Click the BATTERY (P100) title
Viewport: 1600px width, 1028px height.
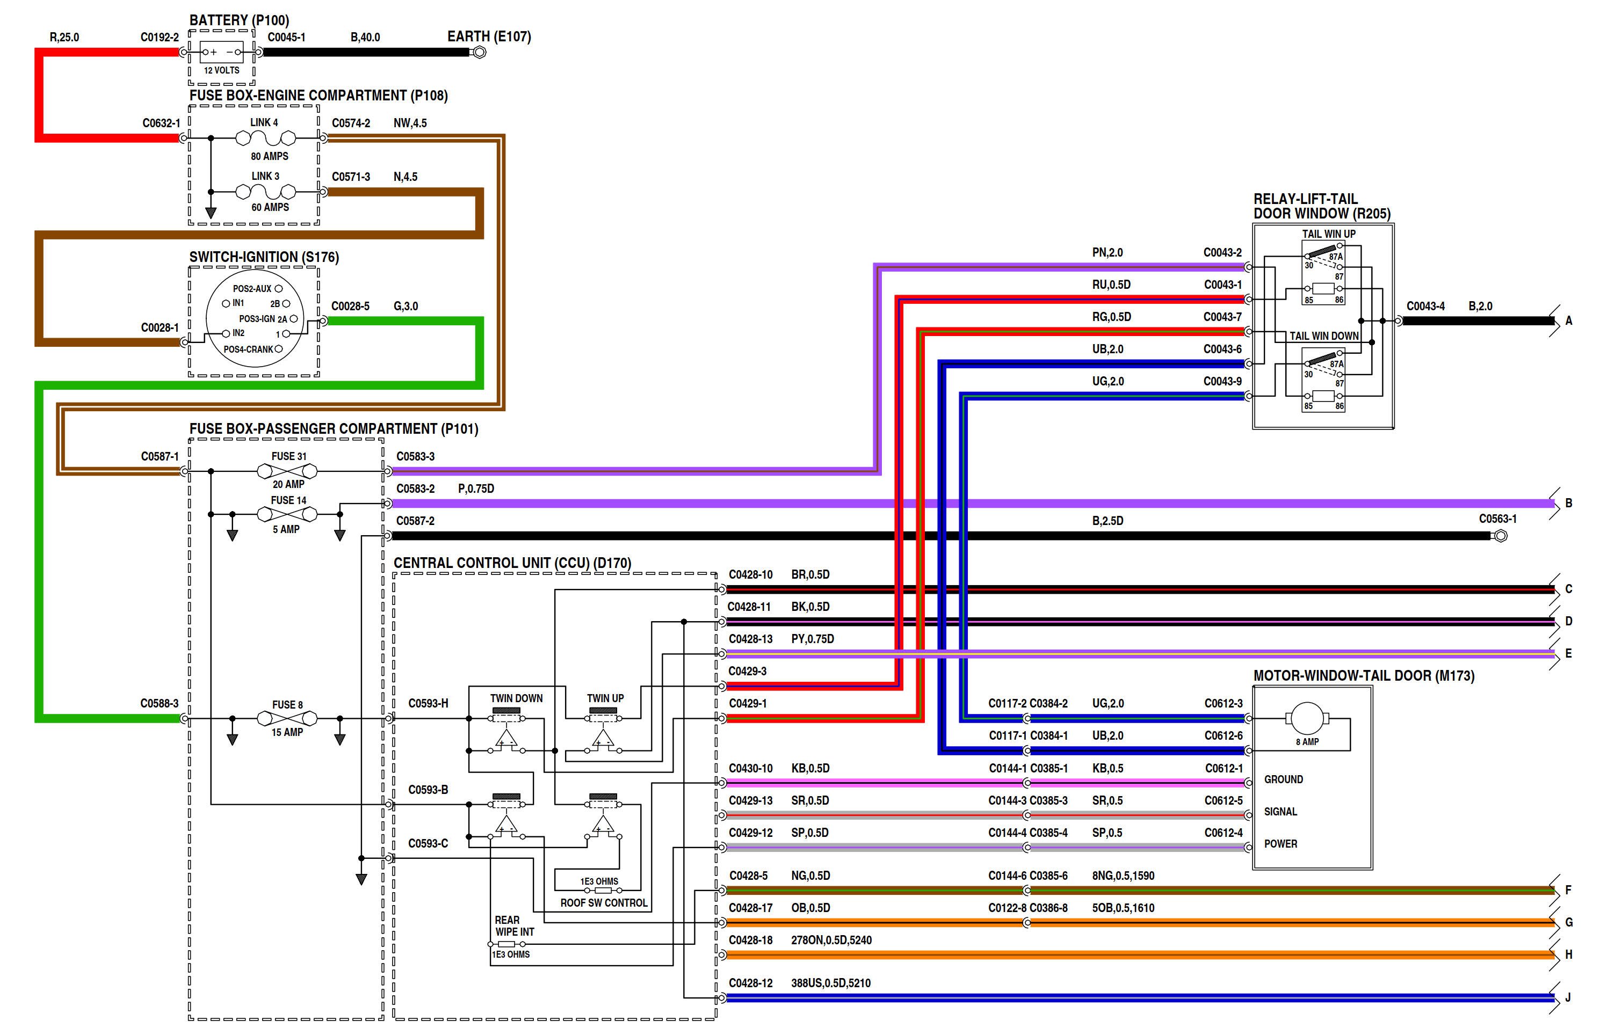pos(239,20)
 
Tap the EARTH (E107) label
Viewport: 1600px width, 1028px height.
pos(489,37)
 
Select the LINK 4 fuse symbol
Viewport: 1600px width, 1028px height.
pos(265,138)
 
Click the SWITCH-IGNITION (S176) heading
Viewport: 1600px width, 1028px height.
pos(264,257)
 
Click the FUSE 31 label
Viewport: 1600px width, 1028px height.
pos(288,457)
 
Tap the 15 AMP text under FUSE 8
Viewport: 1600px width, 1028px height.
pos(287,732)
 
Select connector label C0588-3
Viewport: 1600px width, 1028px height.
pos(159,704)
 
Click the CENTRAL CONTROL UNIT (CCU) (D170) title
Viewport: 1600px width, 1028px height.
pos(512,563)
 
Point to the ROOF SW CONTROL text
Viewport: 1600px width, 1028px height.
pos(604,903)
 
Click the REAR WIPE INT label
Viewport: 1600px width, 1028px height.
pos(513,926)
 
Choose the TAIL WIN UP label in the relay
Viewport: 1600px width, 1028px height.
pos(1328,234)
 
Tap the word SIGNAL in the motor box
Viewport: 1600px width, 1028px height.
pos(1280,812)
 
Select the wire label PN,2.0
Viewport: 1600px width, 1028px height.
pos(1107,253)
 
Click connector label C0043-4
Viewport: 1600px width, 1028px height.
pos(1425,307)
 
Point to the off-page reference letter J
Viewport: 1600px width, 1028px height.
pos(1568,998)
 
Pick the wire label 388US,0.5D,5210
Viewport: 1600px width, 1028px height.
pos(830,983)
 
